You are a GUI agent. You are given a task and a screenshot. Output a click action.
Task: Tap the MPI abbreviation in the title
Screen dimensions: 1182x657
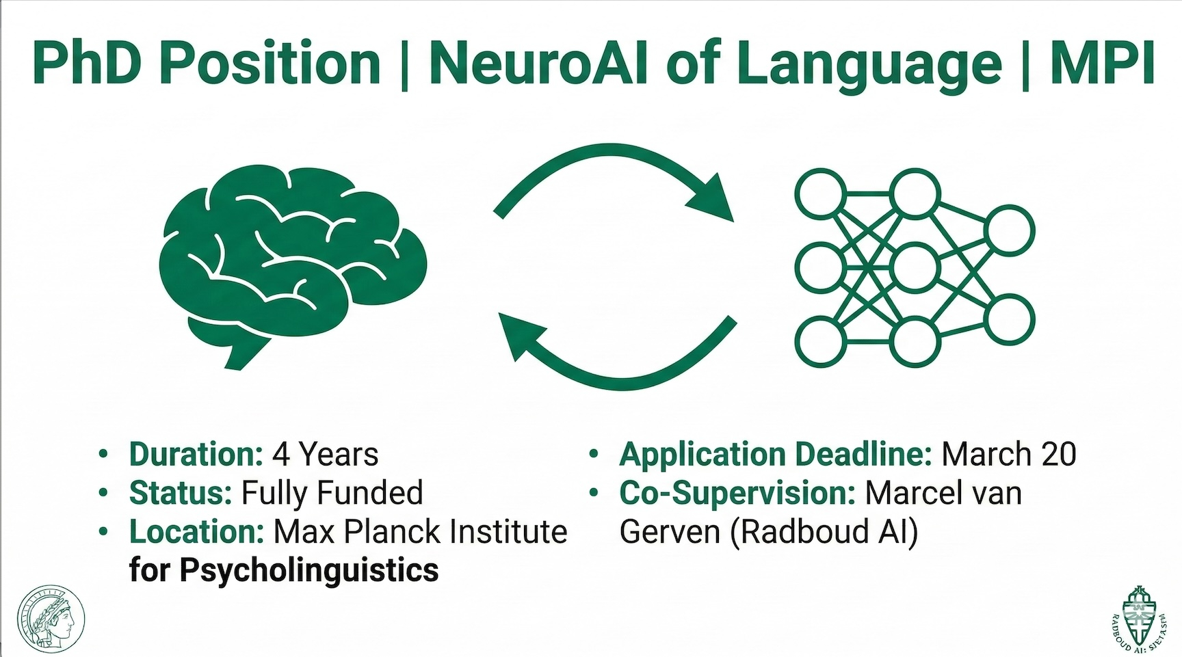(x=1103, y=62)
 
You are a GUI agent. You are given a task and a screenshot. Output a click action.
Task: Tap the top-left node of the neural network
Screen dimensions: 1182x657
(x=819, y=194)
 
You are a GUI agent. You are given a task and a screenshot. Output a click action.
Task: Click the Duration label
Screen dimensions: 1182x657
(x=196, y=455)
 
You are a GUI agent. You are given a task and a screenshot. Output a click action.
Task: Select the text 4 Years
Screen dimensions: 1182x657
(x=326, y=455)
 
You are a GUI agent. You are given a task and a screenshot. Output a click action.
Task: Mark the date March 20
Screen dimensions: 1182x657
(x=1009, y=455)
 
